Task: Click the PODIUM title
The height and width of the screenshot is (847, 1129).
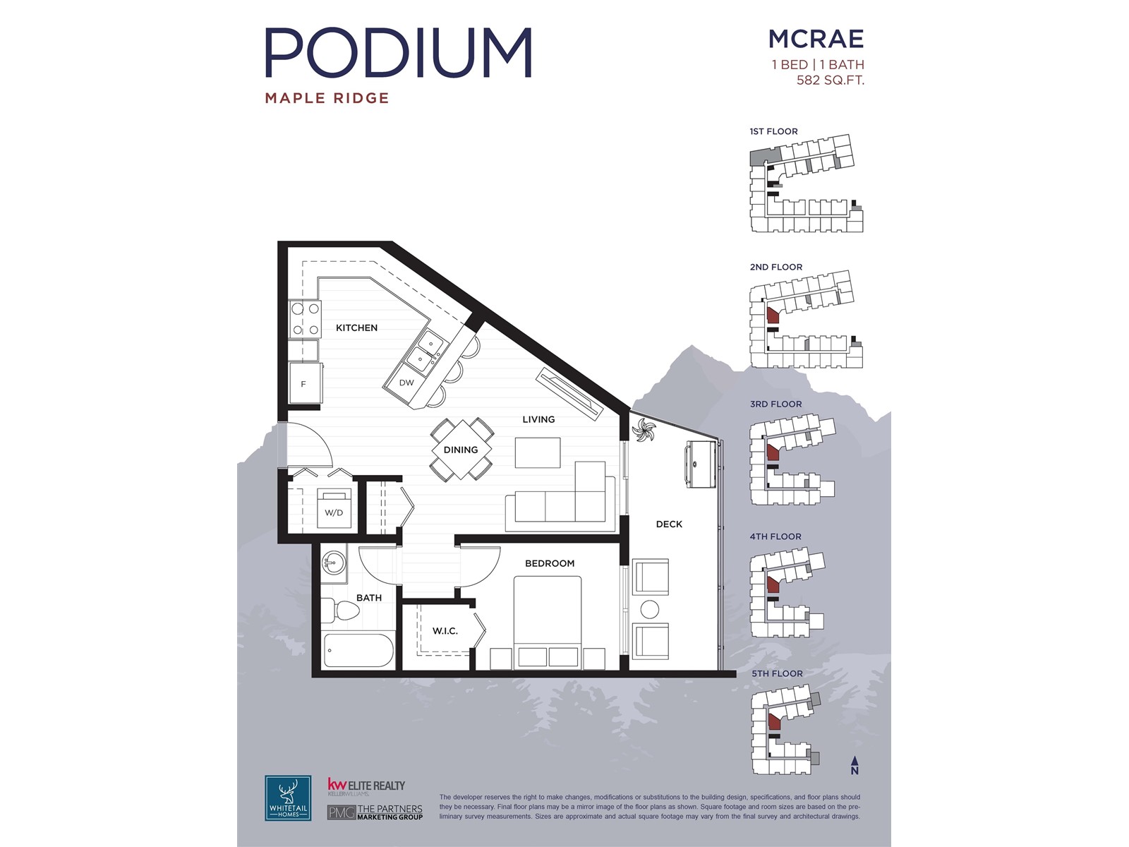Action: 398,52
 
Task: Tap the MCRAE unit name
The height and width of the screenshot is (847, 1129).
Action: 816,39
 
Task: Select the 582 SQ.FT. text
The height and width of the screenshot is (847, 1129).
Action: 830,80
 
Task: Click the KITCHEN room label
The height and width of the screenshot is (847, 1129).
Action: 356,328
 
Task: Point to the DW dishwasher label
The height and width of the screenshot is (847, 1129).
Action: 406,383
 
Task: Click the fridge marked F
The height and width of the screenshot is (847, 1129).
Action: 305,384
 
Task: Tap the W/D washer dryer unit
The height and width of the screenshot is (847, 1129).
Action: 334,509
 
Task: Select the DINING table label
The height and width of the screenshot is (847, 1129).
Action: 461,450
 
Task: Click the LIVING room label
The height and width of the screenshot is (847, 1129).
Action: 538,419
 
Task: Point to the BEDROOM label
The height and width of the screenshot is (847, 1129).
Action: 550,563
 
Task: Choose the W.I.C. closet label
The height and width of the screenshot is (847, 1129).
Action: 445,631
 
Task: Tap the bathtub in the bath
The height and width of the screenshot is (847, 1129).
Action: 358,651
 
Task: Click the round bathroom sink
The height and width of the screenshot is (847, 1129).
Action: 333,563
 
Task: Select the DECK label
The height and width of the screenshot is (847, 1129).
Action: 669,524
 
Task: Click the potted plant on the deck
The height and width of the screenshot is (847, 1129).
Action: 644,430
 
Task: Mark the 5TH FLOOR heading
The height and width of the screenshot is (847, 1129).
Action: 777,673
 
